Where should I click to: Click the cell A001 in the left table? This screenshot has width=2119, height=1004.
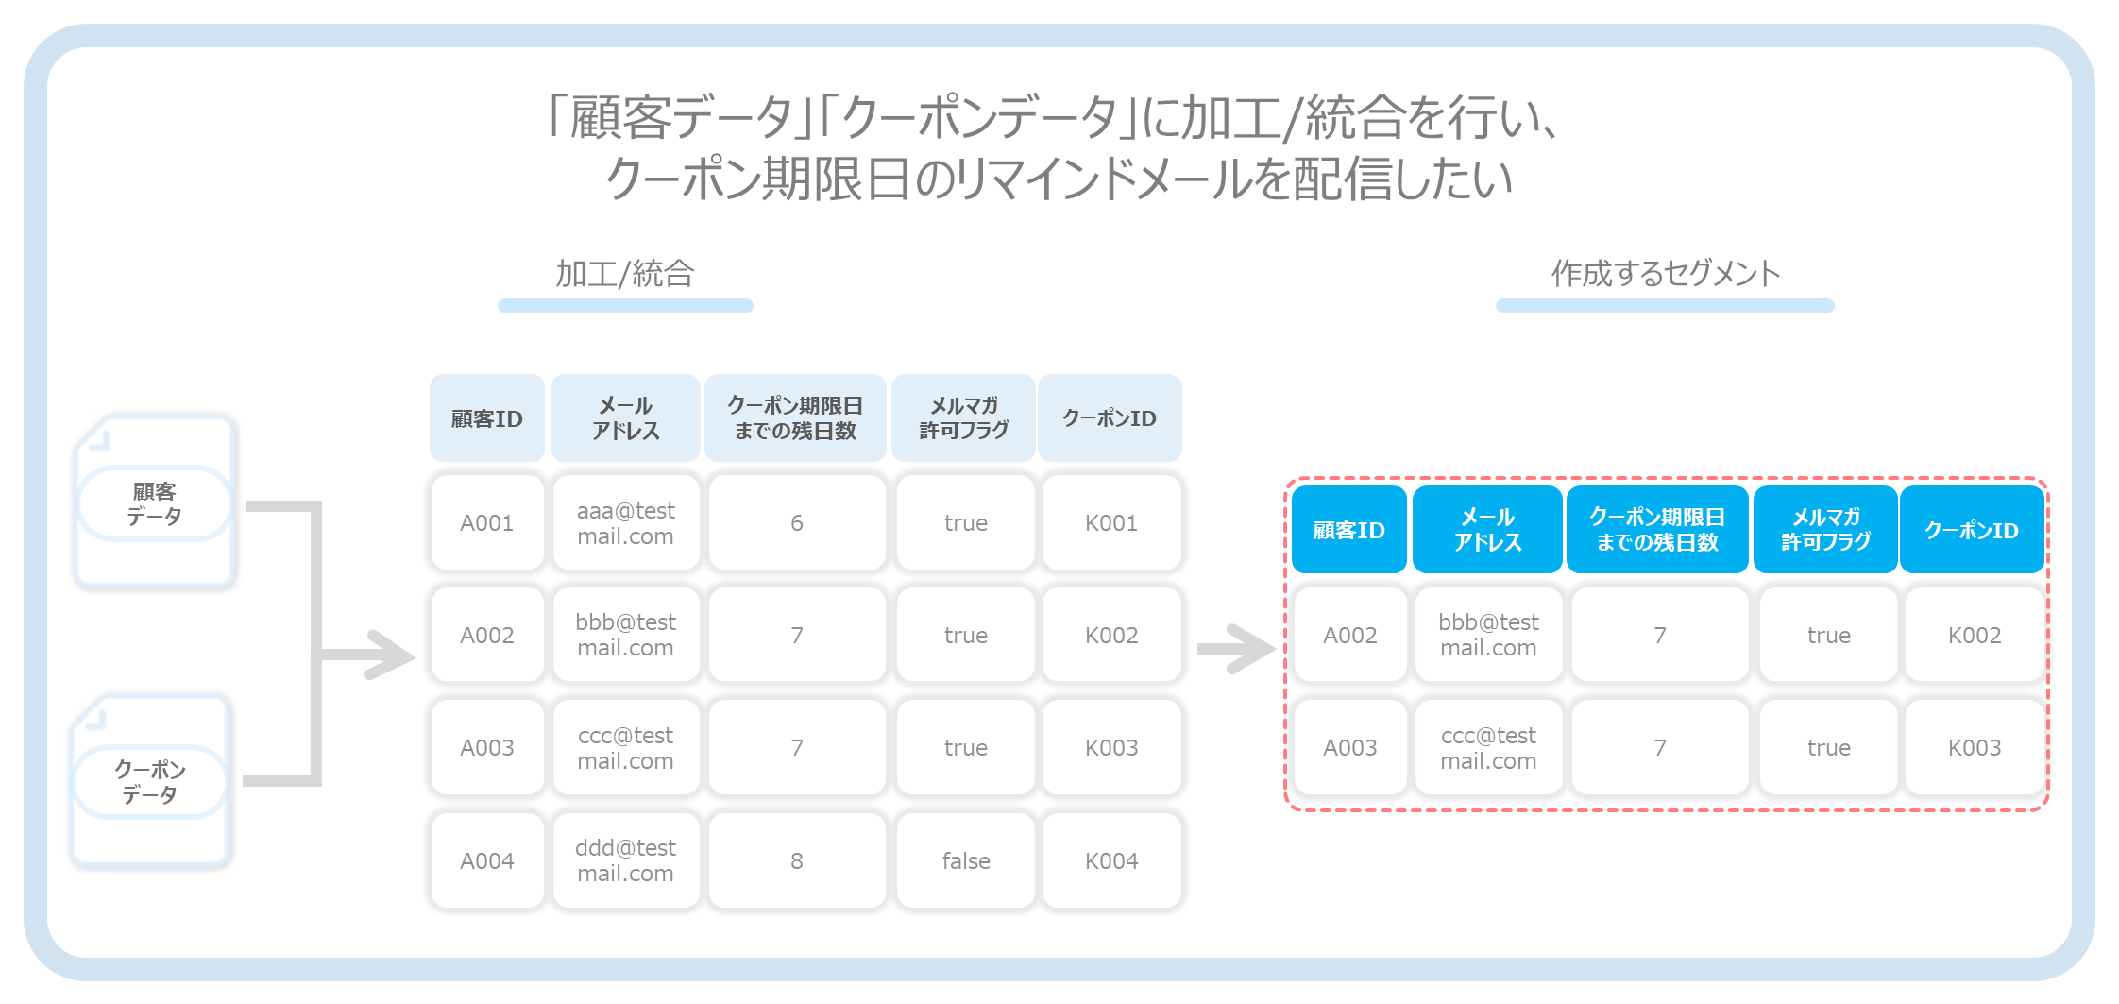pos(487,522)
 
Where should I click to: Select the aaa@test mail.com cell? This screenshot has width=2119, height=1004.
pos(625,522)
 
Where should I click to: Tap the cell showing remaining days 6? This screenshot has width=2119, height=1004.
pos(796,522)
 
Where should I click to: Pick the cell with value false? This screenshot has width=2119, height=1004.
pos(965,860)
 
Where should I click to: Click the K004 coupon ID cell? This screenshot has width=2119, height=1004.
pos(1111,860)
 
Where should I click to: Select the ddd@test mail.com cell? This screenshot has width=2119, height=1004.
pos(625,860)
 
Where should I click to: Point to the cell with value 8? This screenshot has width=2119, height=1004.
pos(796,860)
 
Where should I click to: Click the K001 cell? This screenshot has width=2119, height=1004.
pos(1111,522)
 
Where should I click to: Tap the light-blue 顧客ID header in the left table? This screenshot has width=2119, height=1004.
pos(487,417)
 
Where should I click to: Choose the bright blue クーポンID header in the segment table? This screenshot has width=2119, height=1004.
pos(1972,530)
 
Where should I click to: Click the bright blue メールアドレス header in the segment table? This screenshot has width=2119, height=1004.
pos(1487,530)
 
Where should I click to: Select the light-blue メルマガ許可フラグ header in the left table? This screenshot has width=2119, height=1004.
pos(963,417)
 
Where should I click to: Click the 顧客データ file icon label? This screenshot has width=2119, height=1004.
pos(154,503)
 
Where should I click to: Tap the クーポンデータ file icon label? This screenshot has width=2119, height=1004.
pos(150,782)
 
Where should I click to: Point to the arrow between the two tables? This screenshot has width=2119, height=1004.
pos(1236,649)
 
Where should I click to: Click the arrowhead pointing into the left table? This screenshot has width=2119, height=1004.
pos(392,654)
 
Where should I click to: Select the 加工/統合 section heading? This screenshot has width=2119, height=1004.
pos(625,274)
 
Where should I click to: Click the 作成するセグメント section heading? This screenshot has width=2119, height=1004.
pos(1666,274)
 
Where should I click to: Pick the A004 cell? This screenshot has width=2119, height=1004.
pos(487,860)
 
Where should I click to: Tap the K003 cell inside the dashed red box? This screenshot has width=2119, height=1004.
pos(1975,747)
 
